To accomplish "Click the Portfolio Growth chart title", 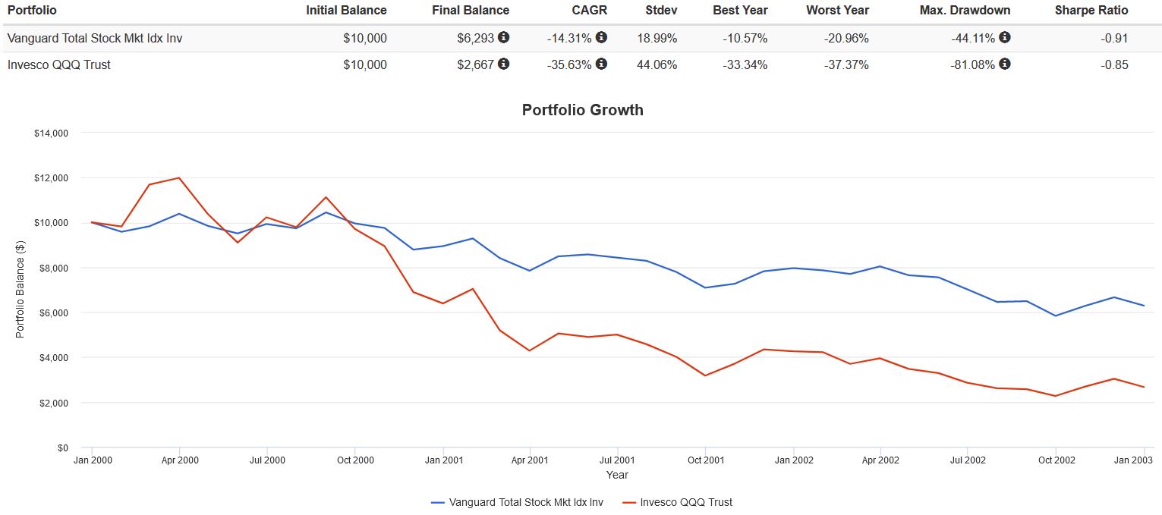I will point(582,110).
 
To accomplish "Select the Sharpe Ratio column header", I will point(1091,11).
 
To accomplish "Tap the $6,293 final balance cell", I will point(476,38).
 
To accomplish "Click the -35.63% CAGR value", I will point(569,64).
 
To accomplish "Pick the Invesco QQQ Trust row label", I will point(59,64).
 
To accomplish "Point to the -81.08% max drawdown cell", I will point(972,64).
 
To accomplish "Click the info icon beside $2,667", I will point(504,64).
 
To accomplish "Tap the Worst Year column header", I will point(837,11).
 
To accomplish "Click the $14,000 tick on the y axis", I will point(52,133).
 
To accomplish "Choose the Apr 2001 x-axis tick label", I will point(529,460).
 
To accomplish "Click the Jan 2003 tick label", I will point(1135,460).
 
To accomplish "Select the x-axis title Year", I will point(617,475).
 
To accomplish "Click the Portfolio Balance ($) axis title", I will point(20,290).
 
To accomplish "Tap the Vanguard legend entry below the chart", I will point(517,502).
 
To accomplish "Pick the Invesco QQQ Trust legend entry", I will point(677,502).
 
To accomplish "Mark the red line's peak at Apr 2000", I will point(178,177).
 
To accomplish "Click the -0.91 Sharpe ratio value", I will point(1115,38).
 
